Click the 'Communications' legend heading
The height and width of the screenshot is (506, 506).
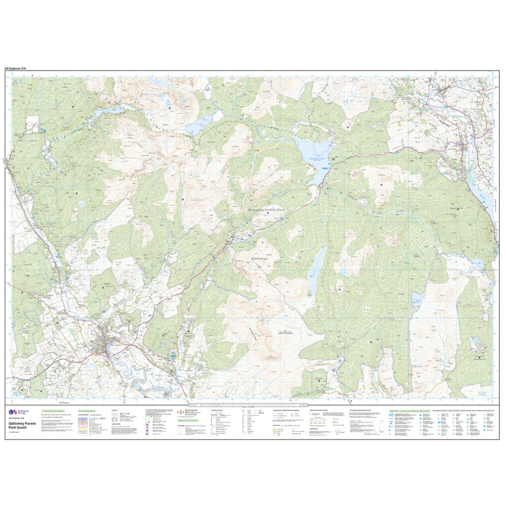click(x=90, y=411)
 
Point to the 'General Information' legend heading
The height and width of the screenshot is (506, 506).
click(x=190, y=421)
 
